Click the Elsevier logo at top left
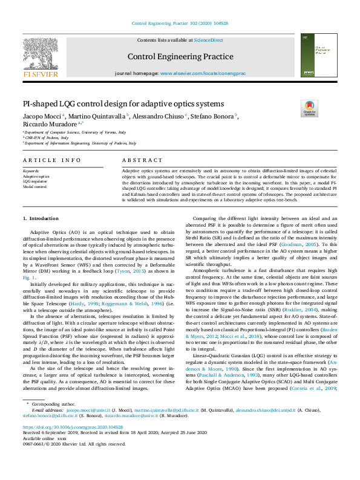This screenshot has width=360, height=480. tap(41, 58)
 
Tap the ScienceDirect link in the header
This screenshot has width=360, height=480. tap(208, 40)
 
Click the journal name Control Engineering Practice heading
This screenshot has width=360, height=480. tap(180, 56)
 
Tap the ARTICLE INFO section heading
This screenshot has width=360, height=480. tap(51, 160)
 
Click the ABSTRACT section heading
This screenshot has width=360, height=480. tap(142, 160)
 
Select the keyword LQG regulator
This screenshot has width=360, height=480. tap(34, 181)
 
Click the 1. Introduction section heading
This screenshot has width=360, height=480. tap(41, 218)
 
